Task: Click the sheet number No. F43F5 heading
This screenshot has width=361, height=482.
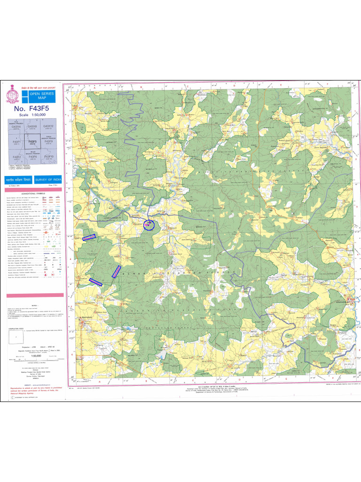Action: [33, 108]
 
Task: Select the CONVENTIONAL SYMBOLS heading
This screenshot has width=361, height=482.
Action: [33, 193]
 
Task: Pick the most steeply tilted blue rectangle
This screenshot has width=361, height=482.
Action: [116, 272]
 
